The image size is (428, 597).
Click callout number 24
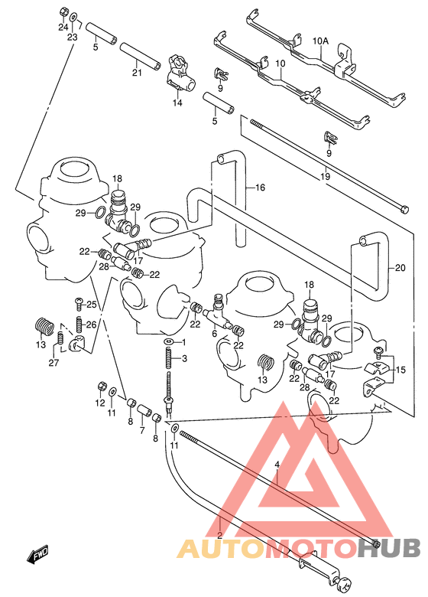click(x=63, y=27)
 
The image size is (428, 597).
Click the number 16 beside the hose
click(x=260, y=188)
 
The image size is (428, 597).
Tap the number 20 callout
click(x=400, y=267)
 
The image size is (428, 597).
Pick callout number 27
click(x=53, y=364)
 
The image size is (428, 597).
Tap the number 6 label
click(x=215, y=334)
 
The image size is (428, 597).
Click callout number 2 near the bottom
click(x=219, y=535)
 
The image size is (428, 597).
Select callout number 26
click(x=92, y=325)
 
